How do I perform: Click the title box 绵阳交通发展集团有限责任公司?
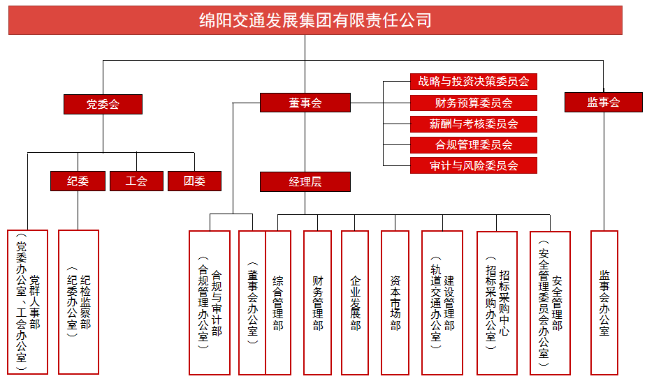click(315, 20)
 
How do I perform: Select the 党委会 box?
click(103, 104)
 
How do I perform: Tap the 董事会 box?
click(305, 103)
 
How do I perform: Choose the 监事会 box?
click(603, 102)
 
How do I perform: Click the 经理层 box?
click(305, 181)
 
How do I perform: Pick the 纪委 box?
click(78, 181)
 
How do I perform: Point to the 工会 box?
click(136, 181)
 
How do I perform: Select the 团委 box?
click(194, 181)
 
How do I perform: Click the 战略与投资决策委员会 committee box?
click(474, 82)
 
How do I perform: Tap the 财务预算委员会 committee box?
click(474, 103)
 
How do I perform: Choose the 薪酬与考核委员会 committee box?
click(474, 124)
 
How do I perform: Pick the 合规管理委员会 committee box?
click(474, 145)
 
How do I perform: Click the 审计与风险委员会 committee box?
click(474, 165)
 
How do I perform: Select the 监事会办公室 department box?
click(604, 302)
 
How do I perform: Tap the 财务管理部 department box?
click(317, 302)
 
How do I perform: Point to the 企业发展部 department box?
click(355, 302)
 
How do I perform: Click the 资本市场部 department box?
click(395, 302)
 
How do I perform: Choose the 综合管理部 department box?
click(278, 302)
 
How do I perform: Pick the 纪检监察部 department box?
click(78, 302)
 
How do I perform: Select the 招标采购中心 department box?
click(497, 302)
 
